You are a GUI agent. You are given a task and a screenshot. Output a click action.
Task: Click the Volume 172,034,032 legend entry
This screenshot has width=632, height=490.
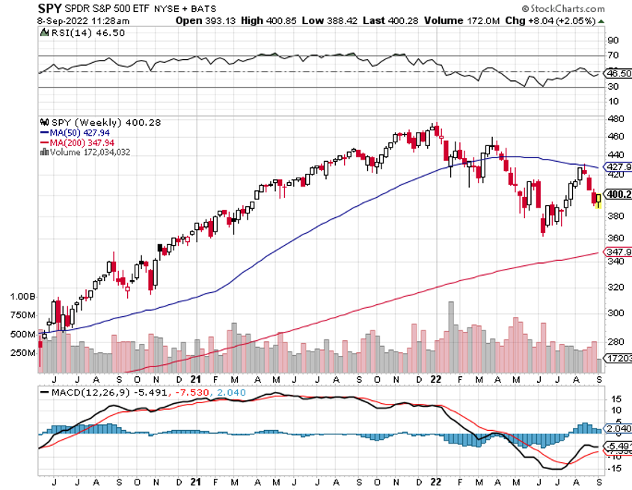93,152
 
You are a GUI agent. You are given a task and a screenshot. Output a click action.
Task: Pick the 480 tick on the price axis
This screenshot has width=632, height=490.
614,119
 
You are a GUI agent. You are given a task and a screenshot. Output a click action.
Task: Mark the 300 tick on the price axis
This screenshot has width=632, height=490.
614,313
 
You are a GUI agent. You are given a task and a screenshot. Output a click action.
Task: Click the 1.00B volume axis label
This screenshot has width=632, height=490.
22,296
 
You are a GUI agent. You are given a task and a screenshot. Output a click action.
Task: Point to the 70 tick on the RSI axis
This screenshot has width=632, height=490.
613,55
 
